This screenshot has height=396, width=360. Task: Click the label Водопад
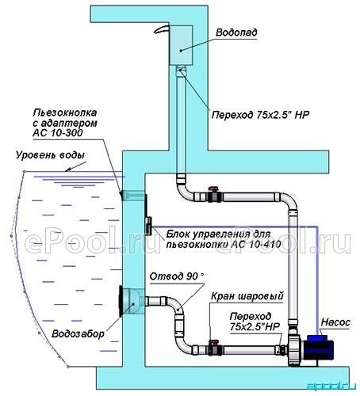236,32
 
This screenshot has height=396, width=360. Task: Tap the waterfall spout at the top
161,29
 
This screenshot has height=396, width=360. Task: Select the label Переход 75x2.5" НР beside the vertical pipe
260,115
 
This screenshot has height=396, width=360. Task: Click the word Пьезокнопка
65,113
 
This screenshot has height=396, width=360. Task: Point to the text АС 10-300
58,133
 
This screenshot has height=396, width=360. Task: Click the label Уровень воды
50,155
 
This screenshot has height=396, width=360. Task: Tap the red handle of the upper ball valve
213,188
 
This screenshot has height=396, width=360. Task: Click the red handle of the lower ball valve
213,342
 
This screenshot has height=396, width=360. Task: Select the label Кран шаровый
247,296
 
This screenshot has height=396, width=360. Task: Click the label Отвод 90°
177,276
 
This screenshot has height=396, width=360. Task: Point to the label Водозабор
79,333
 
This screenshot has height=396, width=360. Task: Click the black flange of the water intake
121,301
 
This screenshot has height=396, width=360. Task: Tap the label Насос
335,322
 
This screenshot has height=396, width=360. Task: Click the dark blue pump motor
320,349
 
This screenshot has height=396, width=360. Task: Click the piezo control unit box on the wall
148,226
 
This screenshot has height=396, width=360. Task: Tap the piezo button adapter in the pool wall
133,196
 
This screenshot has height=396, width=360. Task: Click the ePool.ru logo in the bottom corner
331,386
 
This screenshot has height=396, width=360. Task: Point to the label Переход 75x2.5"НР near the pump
255,322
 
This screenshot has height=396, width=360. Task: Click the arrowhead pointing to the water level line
68,169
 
